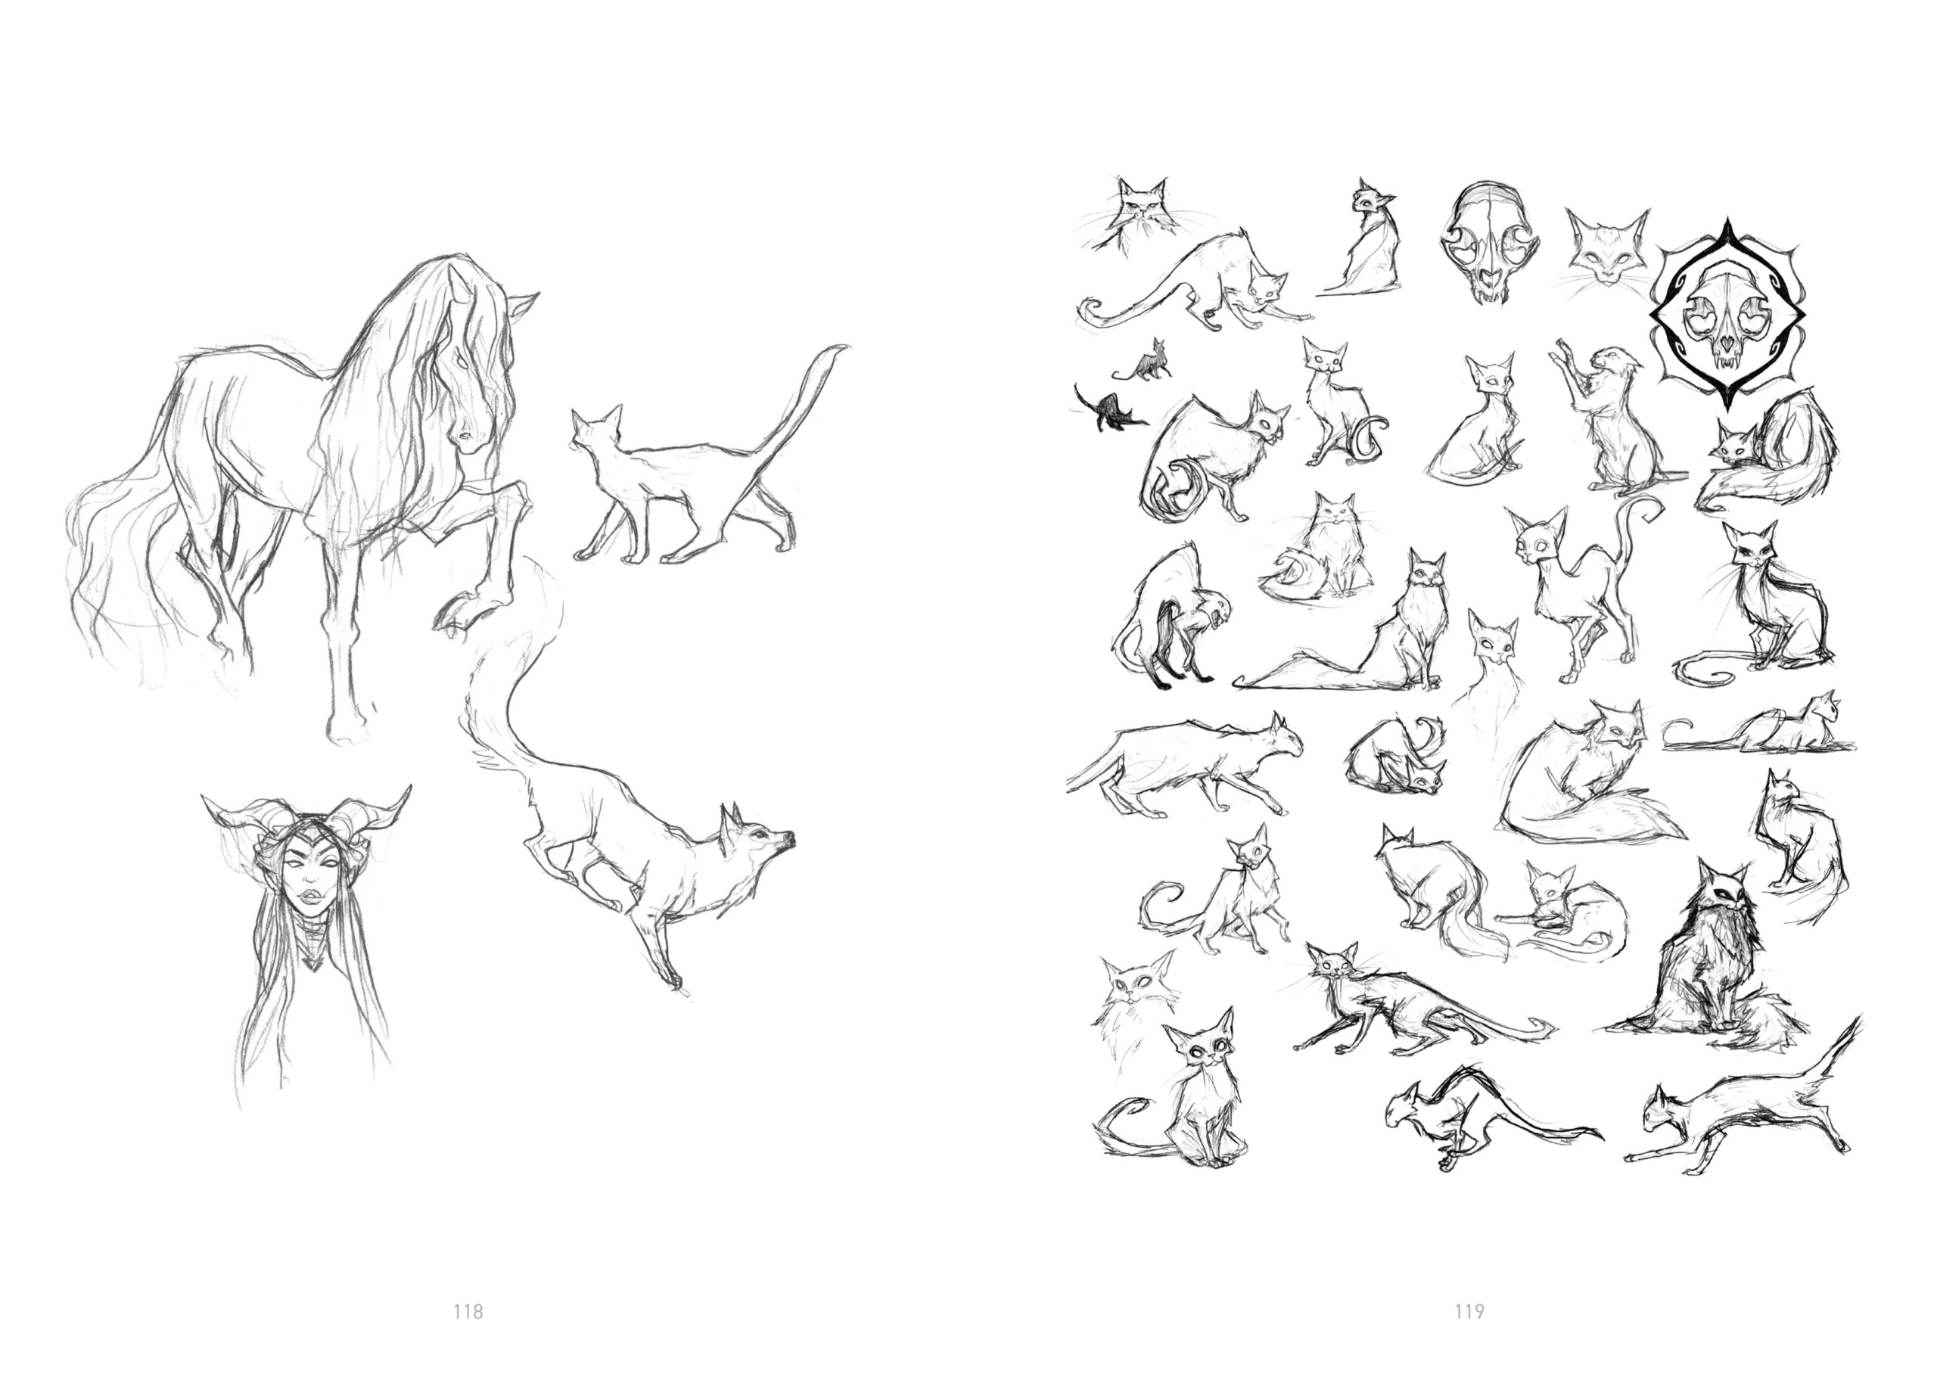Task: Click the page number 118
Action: pyautogui.click(x=468, y=1311)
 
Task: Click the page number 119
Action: pyautogui.click(x=1469, y=1311)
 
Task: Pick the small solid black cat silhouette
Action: pyautogui.click(x=1105, y=409)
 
